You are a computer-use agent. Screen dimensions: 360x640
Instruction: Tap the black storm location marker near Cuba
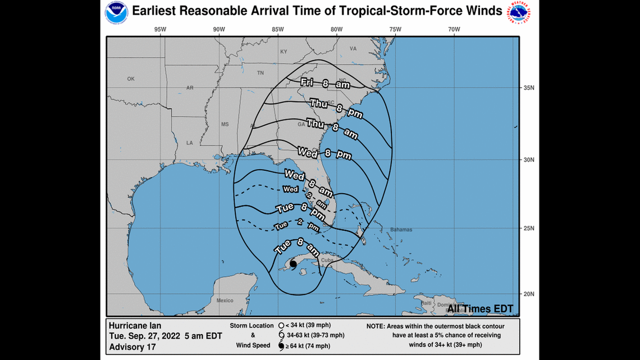[x=292, y=263]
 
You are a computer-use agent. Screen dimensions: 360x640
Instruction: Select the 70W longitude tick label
[x=454, y=30]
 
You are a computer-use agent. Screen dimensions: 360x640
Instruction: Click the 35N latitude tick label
[x=528, y=88]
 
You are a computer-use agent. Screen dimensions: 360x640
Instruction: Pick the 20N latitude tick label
[x=528, y=294]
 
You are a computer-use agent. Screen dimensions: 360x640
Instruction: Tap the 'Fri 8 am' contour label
[x=325, y=84]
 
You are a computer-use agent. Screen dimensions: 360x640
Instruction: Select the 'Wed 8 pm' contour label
[x=321, y=153]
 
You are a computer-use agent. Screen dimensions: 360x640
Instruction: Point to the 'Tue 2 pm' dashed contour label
[x=296, y=227]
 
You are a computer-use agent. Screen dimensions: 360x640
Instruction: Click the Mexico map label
[x=225, y=300]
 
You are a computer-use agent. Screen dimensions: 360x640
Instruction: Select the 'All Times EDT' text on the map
[x=484, y=309]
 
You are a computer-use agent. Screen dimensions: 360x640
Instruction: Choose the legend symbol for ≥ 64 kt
[x=280, y=346]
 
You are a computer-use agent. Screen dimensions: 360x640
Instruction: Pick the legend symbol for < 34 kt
[x=280, y=326]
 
